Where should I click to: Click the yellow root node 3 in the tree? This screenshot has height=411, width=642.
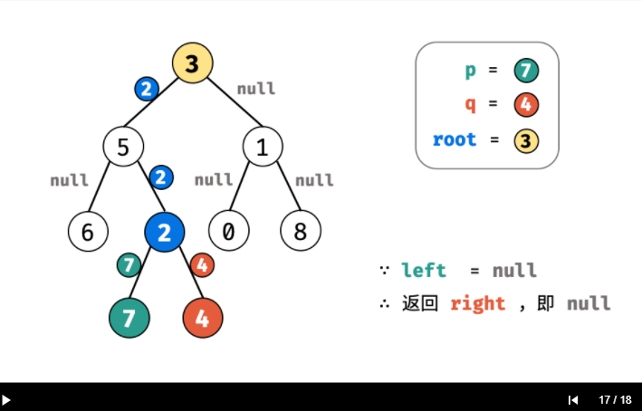coord(193,63)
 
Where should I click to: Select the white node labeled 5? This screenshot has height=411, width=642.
coord(123,147)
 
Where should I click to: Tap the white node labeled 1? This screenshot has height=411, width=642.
coord(263,147)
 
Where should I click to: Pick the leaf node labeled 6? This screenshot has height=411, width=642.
coord(88,231)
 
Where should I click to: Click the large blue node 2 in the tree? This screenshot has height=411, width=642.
coord(165,232)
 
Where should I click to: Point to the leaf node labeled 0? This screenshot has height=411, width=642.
coord(228,231)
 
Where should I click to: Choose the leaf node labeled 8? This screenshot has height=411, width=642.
coord(301,231)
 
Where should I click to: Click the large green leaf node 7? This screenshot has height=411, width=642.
coord(129,318)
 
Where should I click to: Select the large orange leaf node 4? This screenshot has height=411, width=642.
coord(203,318)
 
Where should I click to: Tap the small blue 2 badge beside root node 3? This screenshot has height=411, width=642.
coord(147,89)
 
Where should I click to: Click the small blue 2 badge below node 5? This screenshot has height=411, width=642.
coord(161,177)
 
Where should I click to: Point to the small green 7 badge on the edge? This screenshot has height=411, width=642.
coord(129,265)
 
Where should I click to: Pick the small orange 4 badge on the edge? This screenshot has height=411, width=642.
coord(202,265)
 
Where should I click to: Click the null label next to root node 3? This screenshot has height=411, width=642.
coord(256,89)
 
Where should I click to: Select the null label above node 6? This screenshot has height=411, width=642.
coord(69,180)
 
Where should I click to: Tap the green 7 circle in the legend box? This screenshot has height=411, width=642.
coord(526,71)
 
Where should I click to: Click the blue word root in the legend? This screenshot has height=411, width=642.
coord(455,140)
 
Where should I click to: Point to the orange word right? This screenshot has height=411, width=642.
coord(478,304)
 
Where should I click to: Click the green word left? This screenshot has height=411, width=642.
coord(424,271)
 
